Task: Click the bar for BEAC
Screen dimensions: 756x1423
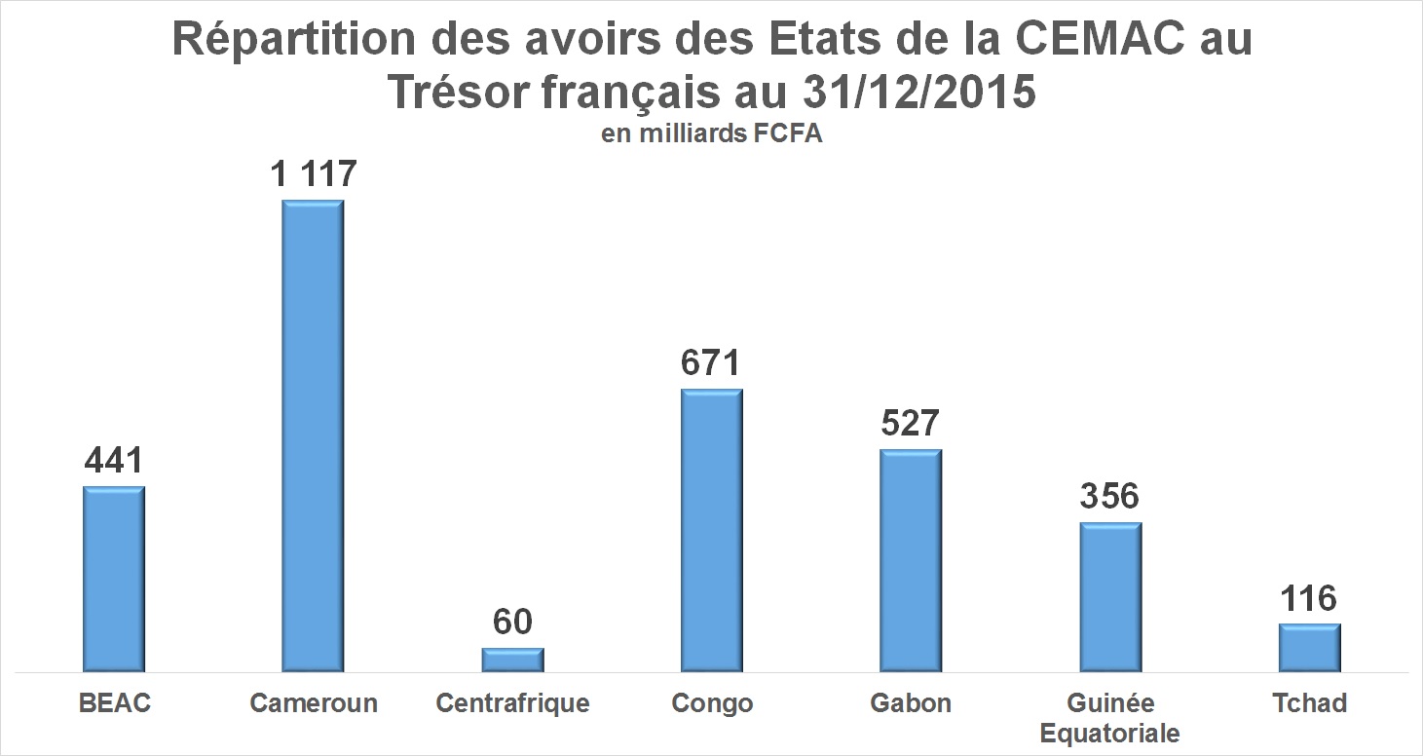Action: click(114, 579)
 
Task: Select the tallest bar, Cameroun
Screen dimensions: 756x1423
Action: click(313, 435)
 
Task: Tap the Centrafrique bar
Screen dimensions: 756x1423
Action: click(512, 660)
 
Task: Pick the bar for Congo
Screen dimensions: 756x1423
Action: click(712, 530)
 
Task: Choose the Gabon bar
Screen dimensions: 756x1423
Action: click(911, 560)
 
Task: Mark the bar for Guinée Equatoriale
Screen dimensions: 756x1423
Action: click(1110, 596)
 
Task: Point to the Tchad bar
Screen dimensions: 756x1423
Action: click(1310, 647)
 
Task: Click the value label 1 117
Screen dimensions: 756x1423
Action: click(314, 174)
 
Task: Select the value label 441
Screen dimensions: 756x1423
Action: click(114, 461)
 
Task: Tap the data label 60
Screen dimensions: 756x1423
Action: click(512, 622)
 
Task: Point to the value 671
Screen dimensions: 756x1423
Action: click(712, 363)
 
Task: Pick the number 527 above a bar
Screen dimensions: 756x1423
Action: click(911, 424)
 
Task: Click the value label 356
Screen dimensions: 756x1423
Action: click(1110, 496)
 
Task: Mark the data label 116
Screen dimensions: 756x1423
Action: click(1310, 598)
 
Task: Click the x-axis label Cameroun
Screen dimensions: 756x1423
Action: click(314, 703)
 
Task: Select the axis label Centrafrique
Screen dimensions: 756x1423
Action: click(512, 703)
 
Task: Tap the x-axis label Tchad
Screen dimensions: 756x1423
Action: click(1310, 703)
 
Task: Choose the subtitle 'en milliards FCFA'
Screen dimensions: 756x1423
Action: click(712, 134)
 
